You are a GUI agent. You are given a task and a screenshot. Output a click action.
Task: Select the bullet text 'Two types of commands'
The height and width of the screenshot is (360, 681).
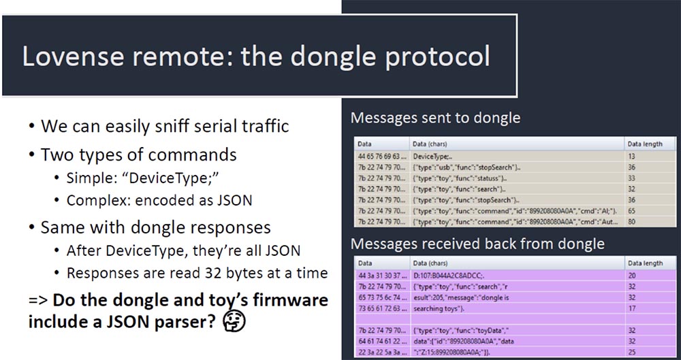click(138, 154)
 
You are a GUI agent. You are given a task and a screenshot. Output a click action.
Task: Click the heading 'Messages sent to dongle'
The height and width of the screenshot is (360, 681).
click(435, 118)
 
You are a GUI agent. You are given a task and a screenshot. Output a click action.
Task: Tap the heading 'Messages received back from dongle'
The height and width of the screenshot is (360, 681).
click(477, 243)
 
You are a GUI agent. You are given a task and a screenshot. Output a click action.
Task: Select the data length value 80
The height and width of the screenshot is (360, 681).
click(631, 221)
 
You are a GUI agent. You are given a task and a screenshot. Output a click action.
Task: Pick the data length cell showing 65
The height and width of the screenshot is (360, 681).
click(631, 211)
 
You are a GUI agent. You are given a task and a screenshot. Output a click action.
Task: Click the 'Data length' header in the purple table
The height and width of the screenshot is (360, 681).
click(644, 263)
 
